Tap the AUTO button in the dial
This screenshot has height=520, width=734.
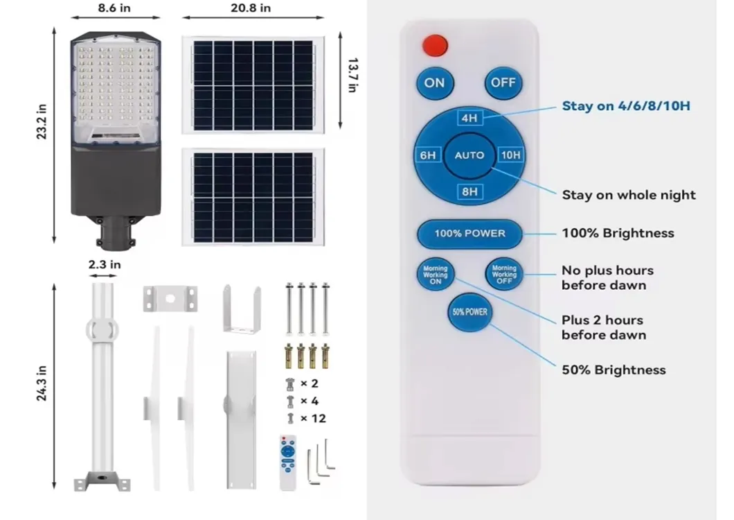[469, 155]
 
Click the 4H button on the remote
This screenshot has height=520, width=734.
[469, 119]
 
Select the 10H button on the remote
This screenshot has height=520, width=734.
[510, 155]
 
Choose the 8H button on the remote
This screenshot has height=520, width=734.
[469, 191]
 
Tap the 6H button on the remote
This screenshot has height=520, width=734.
[428, 155]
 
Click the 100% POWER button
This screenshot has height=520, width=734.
[469, 234]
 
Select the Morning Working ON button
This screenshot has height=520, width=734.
[436, 274]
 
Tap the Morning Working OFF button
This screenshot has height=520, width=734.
[504, 274]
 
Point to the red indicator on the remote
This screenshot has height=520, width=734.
[435, 46]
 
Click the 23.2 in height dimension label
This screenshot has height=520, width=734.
[42, 122]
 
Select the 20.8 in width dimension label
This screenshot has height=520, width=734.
[251, 8]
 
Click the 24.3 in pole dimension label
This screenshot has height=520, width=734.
[42, 383]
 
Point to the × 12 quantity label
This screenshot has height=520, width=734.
[312, 418]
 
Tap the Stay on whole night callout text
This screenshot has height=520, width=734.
[629, 195]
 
